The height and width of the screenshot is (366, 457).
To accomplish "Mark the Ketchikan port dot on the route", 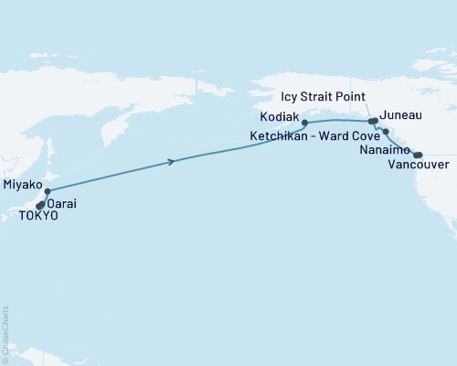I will point(385,132).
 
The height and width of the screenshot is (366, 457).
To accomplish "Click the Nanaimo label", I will point(384,149).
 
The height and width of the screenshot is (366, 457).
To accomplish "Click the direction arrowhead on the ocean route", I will point(171,162).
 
